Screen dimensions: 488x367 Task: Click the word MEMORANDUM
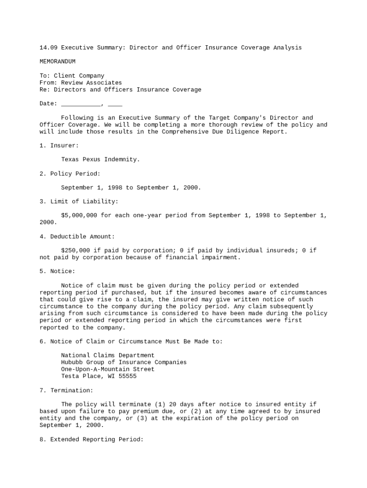[x=57, y=61]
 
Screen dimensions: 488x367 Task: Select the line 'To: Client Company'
[x=71, y=76]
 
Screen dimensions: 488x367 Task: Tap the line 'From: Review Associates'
[x=81, y=82]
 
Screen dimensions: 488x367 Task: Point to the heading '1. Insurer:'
[x=59, y=145]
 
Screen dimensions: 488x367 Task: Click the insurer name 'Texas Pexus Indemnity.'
[x=101, y=160]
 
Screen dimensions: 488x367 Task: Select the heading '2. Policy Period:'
[x=70, y=173]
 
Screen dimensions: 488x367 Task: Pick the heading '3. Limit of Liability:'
[x=79, y=202]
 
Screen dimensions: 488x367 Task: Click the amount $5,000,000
[x=79, y=215]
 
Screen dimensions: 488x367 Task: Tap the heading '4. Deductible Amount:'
[x=77, y=236]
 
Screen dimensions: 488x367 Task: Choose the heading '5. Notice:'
[x=57, y=271]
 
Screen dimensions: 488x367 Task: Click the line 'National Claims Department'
[x=108, y=355]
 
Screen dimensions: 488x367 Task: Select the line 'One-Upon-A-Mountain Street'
[x=108, y=369]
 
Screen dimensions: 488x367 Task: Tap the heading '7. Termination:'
[x=66, y=390]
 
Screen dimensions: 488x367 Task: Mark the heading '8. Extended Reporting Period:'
[x=92, y=439]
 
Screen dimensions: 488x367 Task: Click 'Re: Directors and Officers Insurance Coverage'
[x=120, y=90]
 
